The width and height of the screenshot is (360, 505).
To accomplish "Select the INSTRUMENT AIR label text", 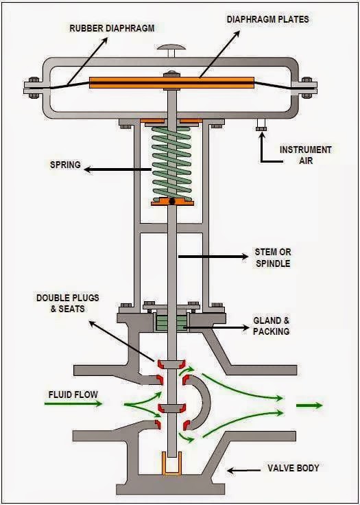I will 305,155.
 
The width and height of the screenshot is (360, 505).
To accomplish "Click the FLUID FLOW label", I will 73,395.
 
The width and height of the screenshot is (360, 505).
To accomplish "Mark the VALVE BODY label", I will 293,469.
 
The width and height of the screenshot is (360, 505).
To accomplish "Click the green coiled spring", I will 171,162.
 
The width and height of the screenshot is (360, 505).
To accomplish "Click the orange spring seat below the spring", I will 171,202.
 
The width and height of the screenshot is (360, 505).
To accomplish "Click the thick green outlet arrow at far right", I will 309,406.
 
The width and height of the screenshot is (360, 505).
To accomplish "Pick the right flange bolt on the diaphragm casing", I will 307,86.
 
